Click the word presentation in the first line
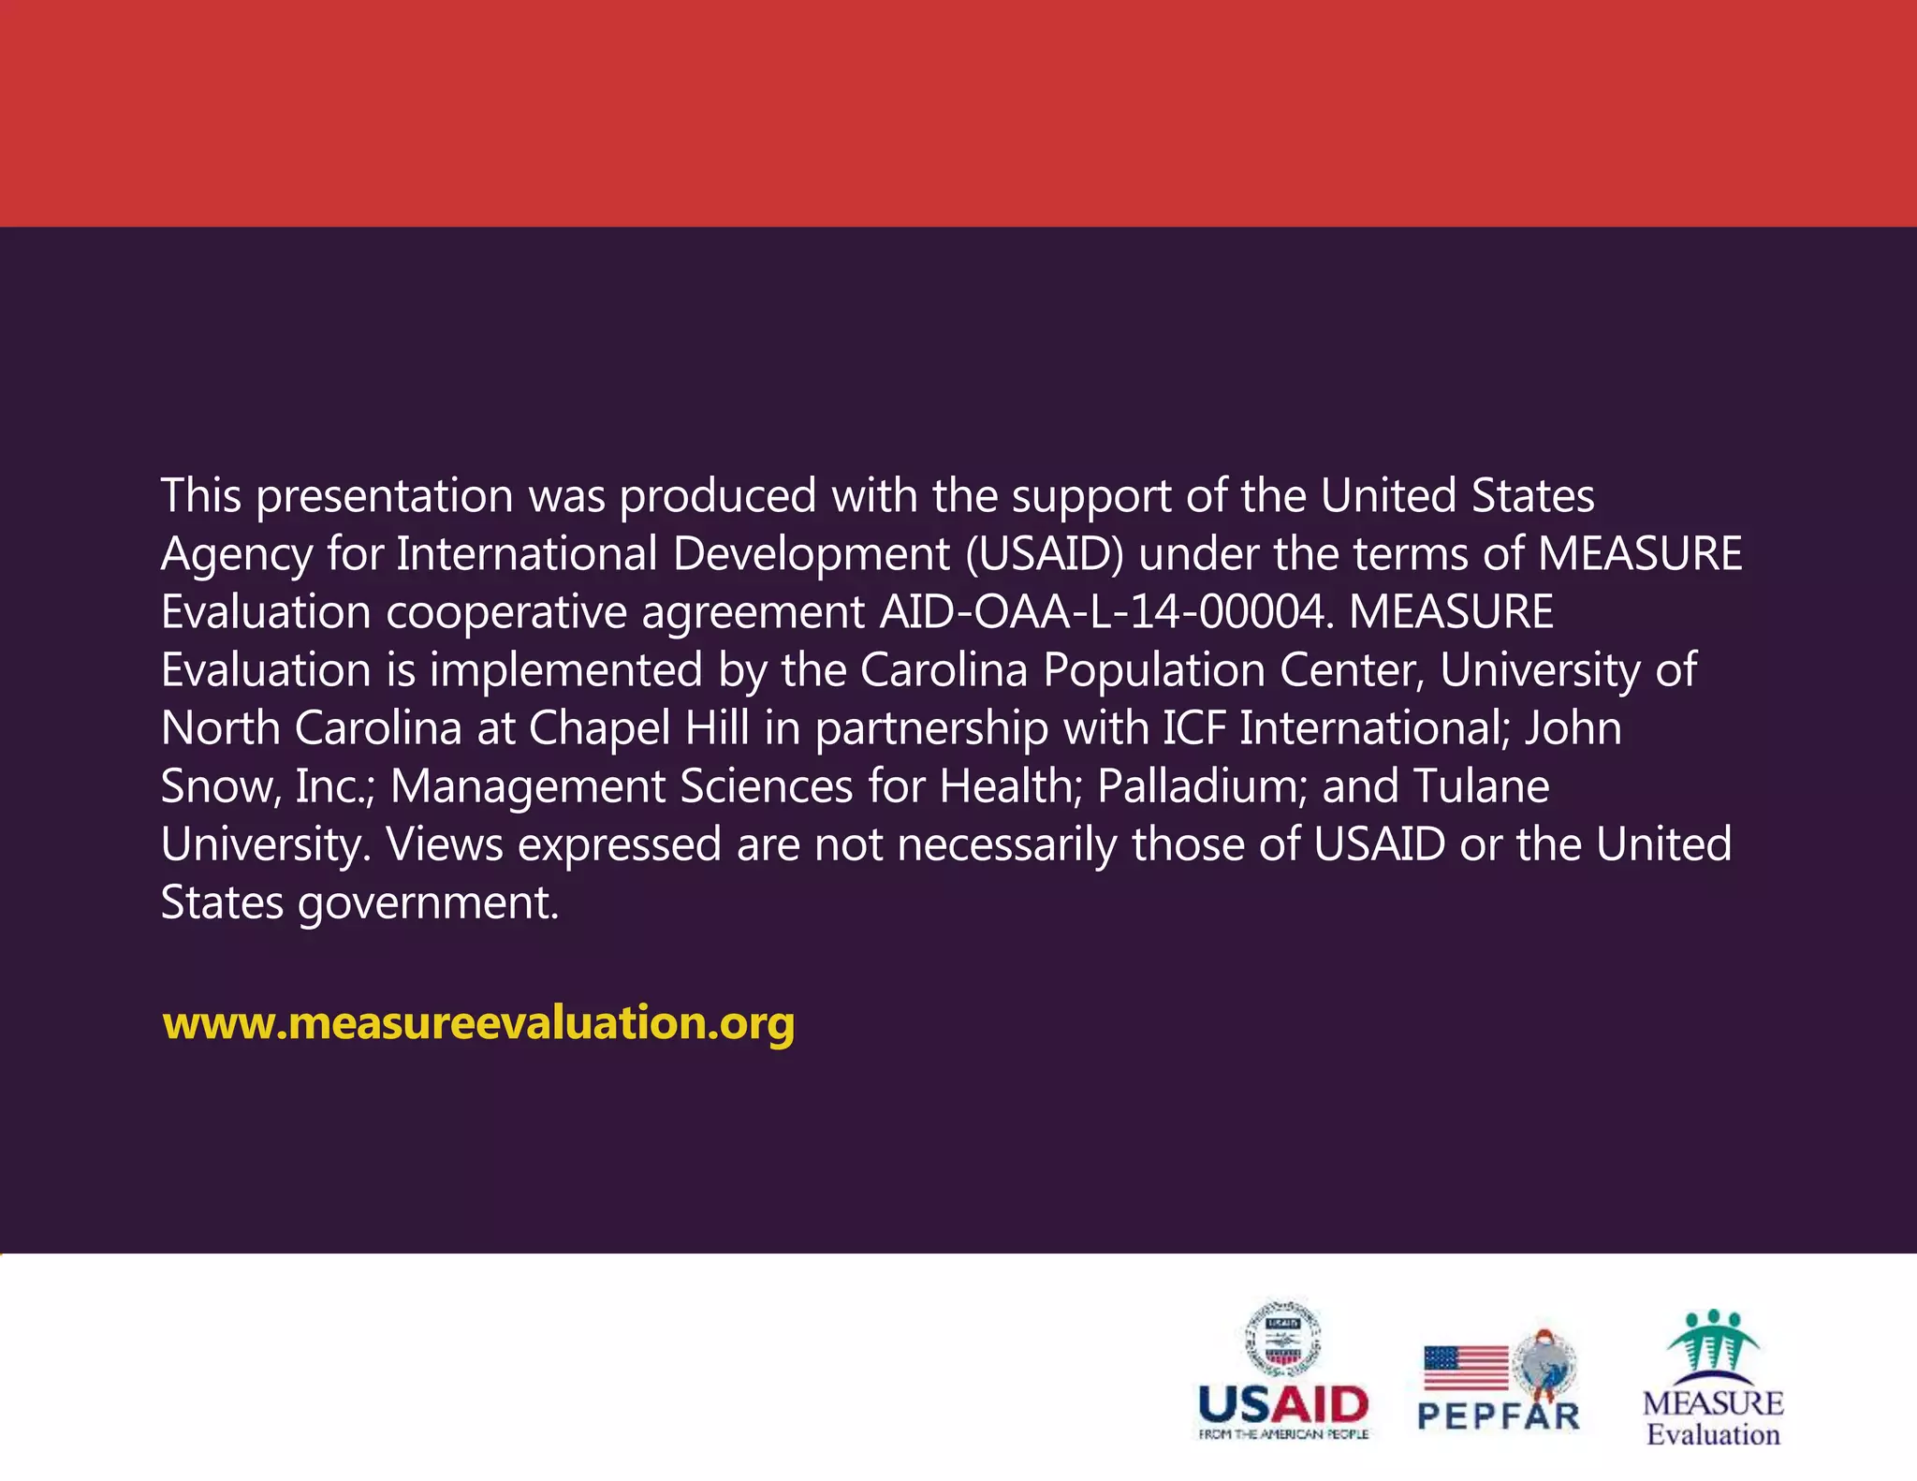pyautogui.click(x=384, y=496)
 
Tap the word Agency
pyautogui.click(x=236, y=555)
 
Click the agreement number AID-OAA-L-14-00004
pyautogui.click(x=1104, y=612)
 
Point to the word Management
pyautogui.click(x=527, y=786)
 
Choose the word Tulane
pyautogui.click(x=1481, y=786)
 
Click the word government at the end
pyautogui.click(x=429, y=904)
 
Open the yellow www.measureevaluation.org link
pyautogui.click(x=478, y=1022)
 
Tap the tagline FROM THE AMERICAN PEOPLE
pyautogui.click(x=1283, y=1434)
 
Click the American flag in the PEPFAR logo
pyautogui.click(x=1466, y=1367)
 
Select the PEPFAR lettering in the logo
pyautogui.click(x=1499, y=1415)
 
